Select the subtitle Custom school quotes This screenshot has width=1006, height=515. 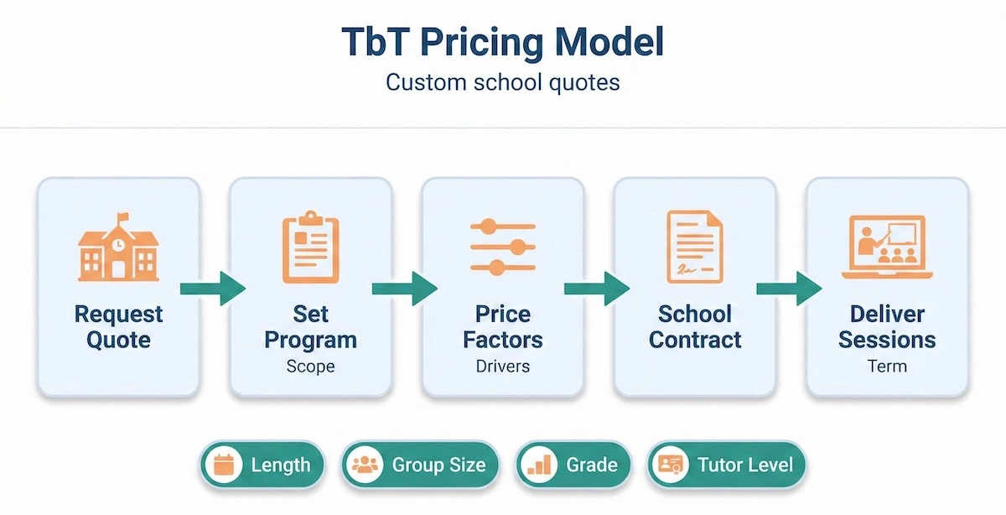pyautogui.click(x=502, y=84)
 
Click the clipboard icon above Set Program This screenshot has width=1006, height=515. pyautogui.click(x=310, y=247)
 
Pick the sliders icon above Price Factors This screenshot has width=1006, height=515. pyautogui.click(x=502, y=247)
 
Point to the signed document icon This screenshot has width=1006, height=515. pyautogui.click(x=694, y=247)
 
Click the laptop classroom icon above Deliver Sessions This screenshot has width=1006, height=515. pyautogui.click(x=887, y=247)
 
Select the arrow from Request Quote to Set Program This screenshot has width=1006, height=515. pyautogui.click(x=213, y=289)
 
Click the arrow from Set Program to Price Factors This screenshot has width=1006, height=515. pyautogui.click(x=405, y=289)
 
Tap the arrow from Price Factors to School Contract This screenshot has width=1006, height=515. pyautogui.click(x=597, y=289)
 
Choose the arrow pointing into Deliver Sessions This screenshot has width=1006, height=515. pyautogui.click(x=789, y=289)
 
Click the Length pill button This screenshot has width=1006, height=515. pyautogui.click(x=262, y=465)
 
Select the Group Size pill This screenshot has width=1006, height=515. pyautogui.click(x=420, y=465)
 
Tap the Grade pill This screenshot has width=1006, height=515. pyautogui.click(x=573, y=465)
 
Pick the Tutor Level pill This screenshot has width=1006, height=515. pyautogui.click(x=726, y=465)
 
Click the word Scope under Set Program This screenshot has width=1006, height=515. pyautogui.click(x=310, y=367)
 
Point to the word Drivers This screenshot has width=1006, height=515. pyautogui.click(x=502, y=367)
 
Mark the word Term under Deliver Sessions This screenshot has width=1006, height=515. pyautogui.click(x=887, y=367)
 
